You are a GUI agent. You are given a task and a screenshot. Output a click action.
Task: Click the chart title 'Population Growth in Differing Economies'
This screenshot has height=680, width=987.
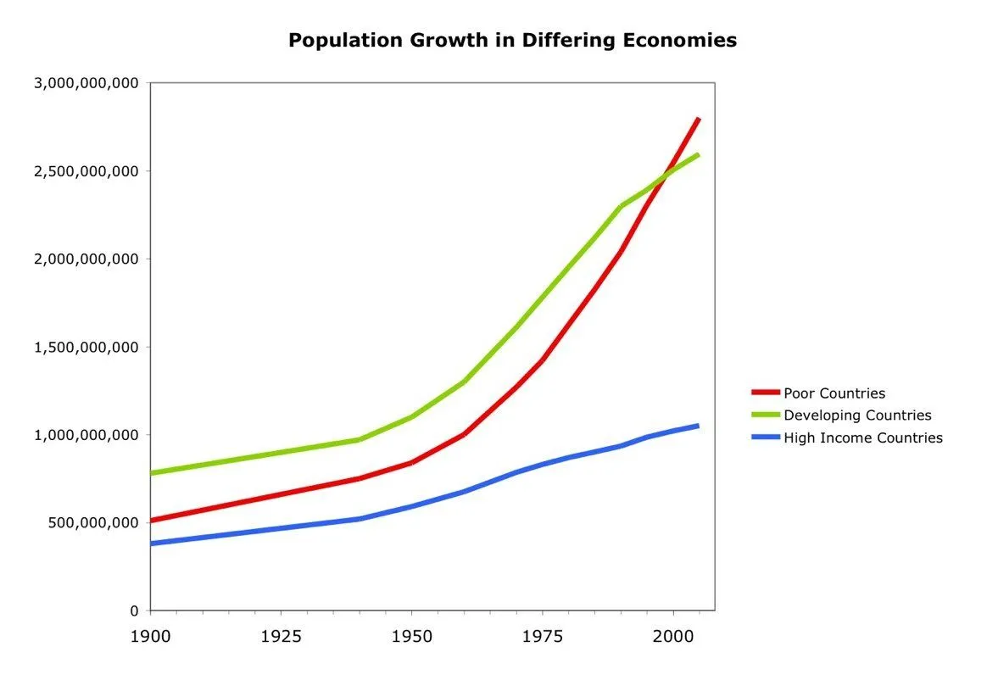coord(512,41)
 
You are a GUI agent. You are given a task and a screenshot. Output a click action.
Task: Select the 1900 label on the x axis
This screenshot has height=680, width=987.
coord(150,635)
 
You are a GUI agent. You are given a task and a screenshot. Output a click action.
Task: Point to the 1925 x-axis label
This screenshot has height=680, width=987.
coord(281,635)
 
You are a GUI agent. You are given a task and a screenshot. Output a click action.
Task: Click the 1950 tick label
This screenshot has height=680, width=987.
coord(411,635)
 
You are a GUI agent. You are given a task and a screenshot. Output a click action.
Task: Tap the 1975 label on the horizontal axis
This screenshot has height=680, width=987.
coord(543,635)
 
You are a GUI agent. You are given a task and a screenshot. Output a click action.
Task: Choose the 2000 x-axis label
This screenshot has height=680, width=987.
coord(673,635)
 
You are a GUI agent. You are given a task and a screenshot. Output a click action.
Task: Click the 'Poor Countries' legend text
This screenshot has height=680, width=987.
coord(834,393)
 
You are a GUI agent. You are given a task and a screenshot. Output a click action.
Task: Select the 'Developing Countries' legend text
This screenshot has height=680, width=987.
coord(856,415)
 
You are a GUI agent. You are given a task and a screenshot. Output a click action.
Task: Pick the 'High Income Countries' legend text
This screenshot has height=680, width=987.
coord(862,438)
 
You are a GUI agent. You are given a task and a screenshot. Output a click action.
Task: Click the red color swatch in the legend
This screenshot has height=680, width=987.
coord(765,393)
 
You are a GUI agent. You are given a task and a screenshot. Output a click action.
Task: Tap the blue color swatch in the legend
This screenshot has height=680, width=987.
coord(765,438)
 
